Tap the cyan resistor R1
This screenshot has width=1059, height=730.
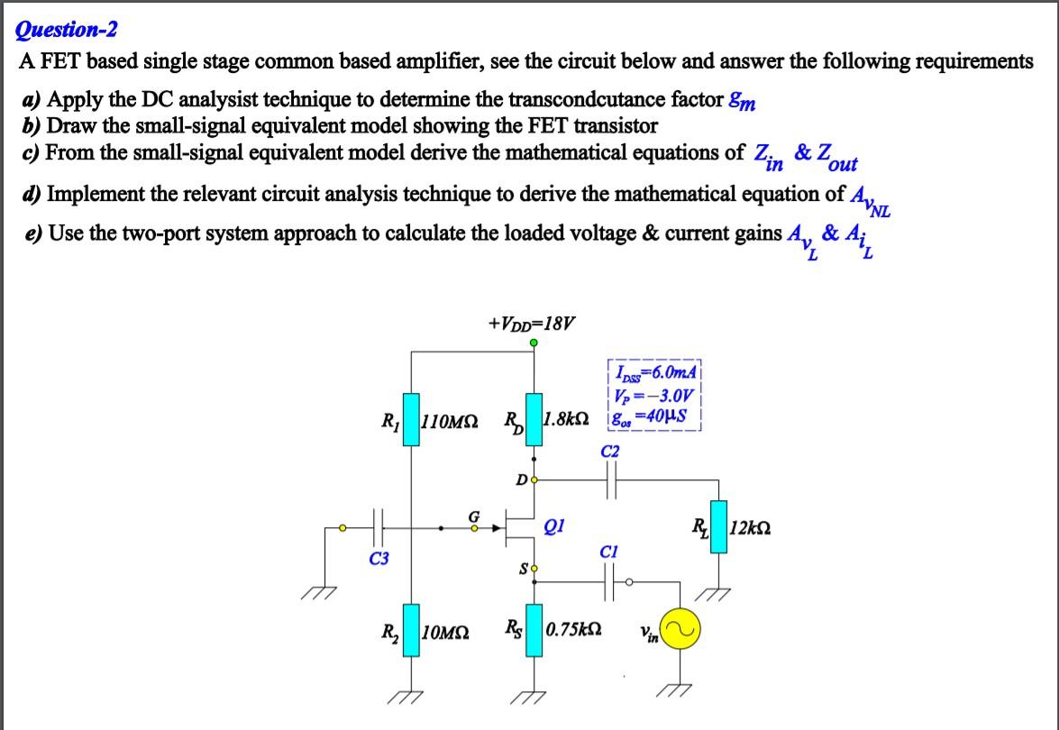[x=412, y=419]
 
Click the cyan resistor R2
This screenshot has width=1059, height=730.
[x=412, y=629]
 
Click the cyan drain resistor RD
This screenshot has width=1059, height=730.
[x=534, y=419]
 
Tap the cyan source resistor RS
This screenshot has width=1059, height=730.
[x=534, y=628]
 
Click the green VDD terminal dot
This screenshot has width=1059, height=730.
[x=534, y=342]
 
